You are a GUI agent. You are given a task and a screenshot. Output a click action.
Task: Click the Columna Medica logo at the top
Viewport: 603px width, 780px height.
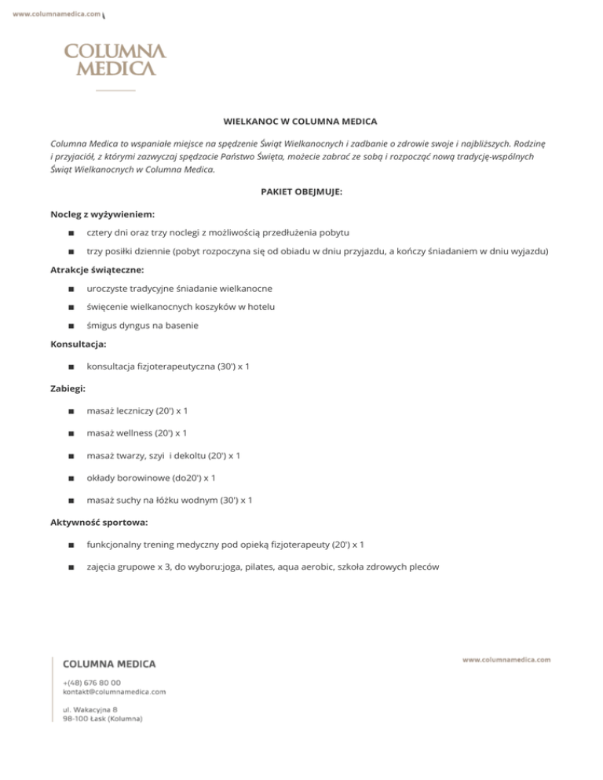(x=115, y=60)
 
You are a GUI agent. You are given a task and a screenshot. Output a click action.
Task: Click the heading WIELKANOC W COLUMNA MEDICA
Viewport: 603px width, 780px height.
(x=301, y=122)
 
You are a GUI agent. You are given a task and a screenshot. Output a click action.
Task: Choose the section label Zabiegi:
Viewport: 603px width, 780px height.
(x=68, y=388)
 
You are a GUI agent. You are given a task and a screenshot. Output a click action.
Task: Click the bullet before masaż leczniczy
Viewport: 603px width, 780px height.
(x=71, y=411)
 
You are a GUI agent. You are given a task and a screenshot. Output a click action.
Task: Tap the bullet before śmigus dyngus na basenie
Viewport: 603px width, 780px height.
(x=71, y=326)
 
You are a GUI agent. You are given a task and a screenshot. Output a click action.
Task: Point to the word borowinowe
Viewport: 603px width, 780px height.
(x=146, y=477)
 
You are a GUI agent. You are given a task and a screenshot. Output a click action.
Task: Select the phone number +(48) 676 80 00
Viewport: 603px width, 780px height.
(x=92, y=683)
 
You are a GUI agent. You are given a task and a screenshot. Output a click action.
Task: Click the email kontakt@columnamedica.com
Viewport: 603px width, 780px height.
(x=115, y=692)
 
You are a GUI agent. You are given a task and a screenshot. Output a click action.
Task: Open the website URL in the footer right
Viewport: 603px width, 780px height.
(x=506, y=660)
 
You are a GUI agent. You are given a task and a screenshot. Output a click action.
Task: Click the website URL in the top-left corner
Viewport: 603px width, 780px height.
(x=57, y=13)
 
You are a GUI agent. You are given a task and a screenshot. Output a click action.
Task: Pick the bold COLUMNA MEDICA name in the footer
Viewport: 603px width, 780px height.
(x=109, y=664)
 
